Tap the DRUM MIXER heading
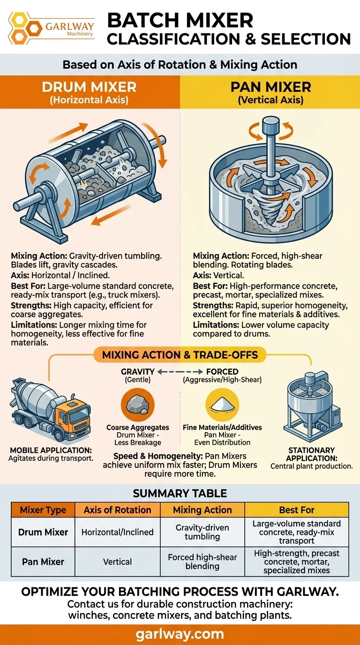[x=89, y=87]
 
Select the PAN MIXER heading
[x=271, y=87]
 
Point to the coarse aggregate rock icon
[x=138, y=405]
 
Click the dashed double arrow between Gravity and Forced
[x=180, y=372]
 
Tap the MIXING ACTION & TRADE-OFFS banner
[x=180, y=355]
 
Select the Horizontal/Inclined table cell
[x=118, y=532]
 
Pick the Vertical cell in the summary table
[x=118, y=562]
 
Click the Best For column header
[x=297, y=510]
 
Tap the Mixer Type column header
[x=43, y=510]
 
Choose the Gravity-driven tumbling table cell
[x=202, y=532]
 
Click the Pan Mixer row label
[x=43, y=562]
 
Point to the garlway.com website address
[x=180, y=634]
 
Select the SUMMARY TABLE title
[x=180, y=493]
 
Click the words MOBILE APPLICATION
[x=51, y=450]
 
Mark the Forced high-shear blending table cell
[x=202, y=562]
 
